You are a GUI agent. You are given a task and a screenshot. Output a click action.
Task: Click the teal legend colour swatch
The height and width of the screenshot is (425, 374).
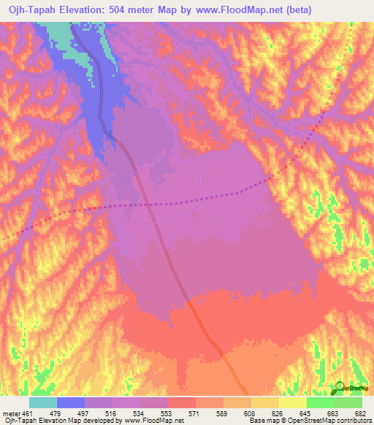43,402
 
